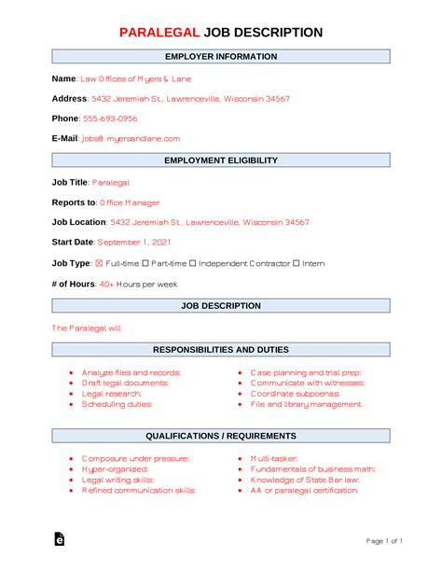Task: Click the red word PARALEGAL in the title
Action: [x=159, y=33]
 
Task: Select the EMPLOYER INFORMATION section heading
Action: [x=221, y=57]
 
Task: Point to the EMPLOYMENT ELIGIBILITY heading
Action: [x=221, y=160]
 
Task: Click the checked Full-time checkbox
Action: [x=100, y=263]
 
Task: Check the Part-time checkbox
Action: [x=145, y=263]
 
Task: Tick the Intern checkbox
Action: [x=296, y=263]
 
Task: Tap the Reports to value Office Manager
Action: [x=130, y=202]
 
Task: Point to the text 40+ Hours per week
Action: [x=136, y=284]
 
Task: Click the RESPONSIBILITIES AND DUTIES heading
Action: [x=221, y=350]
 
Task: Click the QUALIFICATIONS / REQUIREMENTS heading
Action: [x=221, y=436]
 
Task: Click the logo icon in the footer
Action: [x=60, y=539]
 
